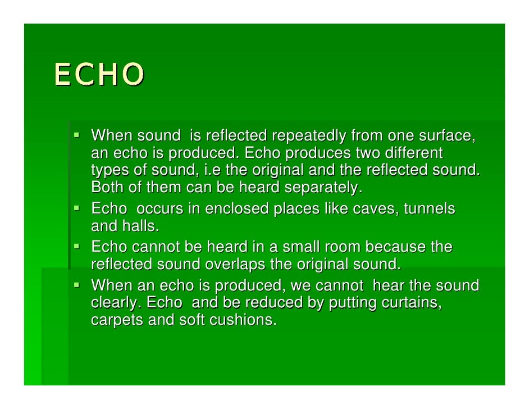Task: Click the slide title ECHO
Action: click(x=99, y=74)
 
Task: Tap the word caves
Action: click(x=378, y=209)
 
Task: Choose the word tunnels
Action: click(x=430, y=209)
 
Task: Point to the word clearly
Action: click(x=115, y=303)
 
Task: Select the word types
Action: click(x=107, y=170)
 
